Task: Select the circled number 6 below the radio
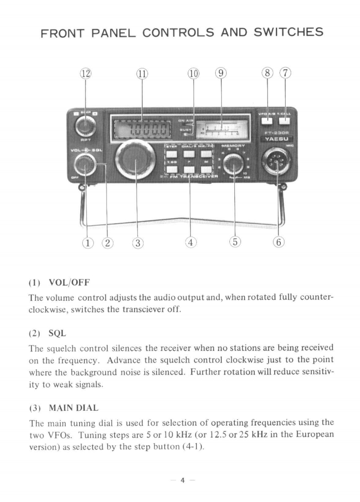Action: click(x=278, y=243)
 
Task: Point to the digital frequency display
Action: click(x=142, y=130)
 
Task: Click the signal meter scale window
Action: click(x=222, y=129)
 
